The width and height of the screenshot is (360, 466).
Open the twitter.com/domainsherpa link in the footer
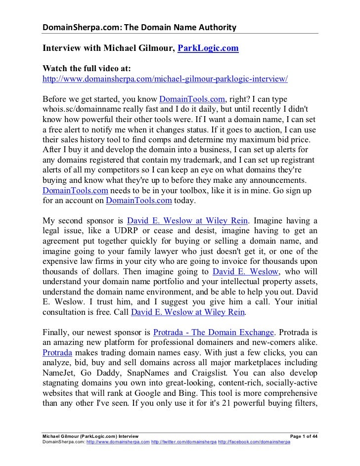point(183,441)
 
